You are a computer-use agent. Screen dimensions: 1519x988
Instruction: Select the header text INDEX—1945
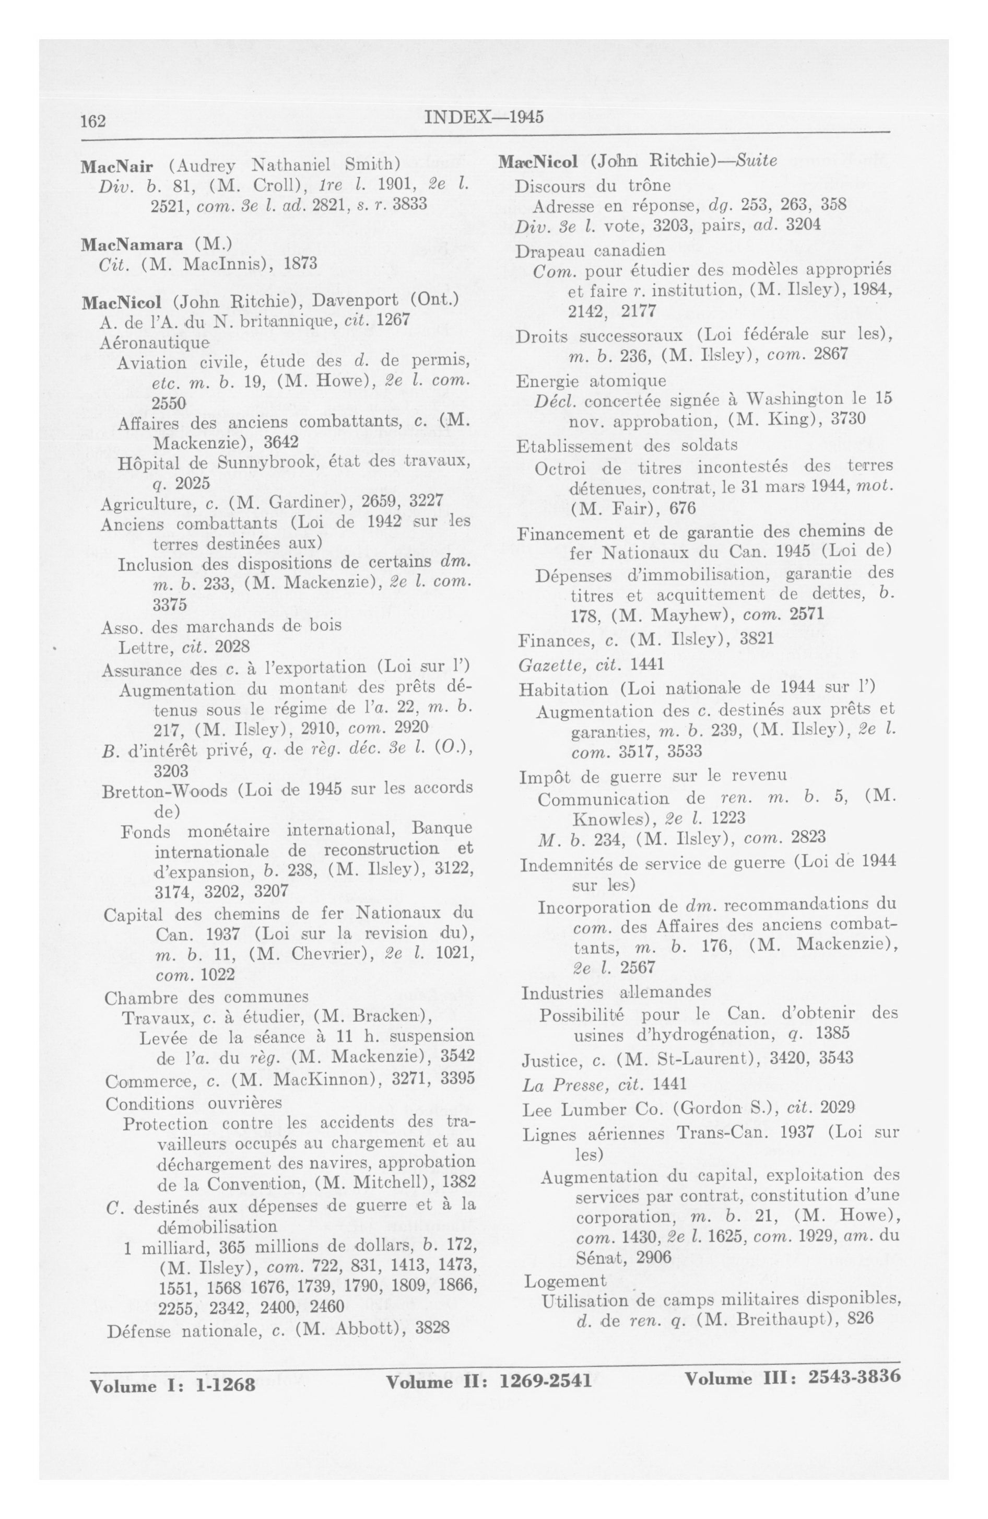click(483, 118)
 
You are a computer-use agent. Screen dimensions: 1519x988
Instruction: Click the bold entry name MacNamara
click(132, 244)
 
